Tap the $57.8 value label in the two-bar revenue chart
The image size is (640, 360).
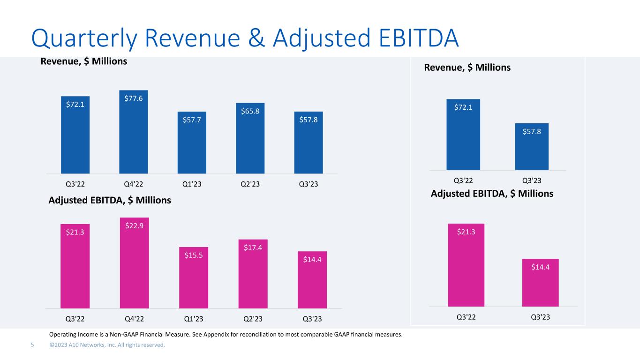pos(532,131)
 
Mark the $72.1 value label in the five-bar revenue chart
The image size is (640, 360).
pos(75,104)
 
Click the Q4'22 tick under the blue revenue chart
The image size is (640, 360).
pos(134,183)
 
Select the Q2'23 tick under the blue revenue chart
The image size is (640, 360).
pos(250,183)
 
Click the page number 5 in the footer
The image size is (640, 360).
pos(32,345)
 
